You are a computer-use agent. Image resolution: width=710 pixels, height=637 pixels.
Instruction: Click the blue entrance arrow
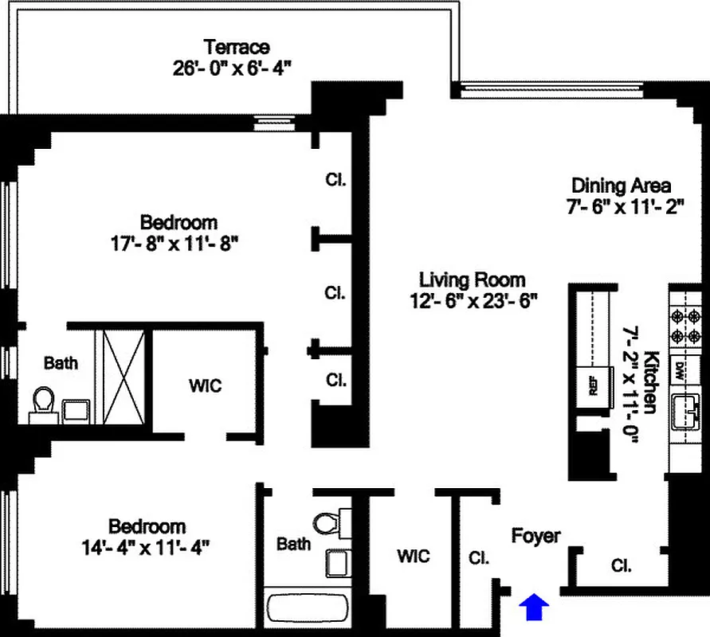click(535, 607)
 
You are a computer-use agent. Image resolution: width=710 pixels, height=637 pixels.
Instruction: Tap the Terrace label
click(237, 47)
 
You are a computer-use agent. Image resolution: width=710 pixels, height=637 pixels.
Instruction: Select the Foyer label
click(535, 537)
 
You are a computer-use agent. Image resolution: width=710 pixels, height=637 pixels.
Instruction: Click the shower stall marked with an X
click(121, 377)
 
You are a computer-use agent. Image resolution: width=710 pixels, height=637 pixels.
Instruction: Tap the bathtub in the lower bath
click(308, 610)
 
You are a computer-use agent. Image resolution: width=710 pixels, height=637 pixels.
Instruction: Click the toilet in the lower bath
click(326, 524)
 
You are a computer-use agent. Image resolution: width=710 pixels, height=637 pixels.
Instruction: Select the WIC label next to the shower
click(205, 386)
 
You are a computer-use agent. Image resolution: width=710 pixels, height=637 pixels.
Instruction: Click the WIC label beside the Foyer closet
click(413, 555)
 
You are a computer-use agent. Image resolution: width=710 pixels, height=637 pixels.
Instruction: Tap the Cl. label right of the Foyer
click(622, 566)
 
